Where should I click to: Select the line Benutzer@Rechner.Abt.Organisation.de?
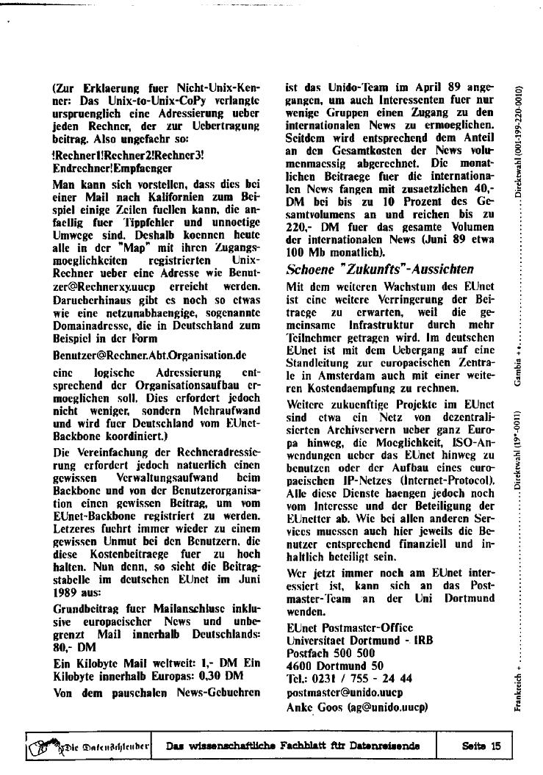point(149,354)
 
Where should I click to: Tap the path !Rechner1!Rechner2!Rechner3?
point(129,156)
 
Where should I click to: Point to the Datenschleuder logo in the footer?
point(88,747)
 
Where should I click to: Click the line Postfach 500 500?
point(331,652)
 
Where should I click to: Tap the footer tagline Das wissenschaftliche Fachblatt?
point(292,746)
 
